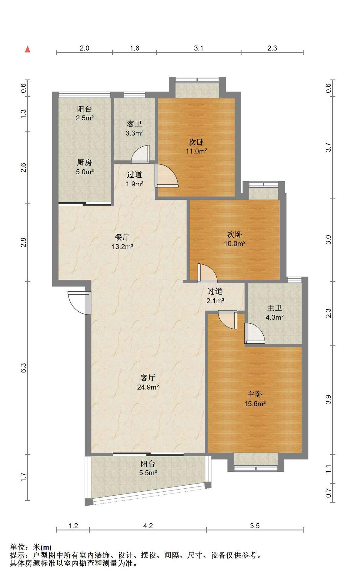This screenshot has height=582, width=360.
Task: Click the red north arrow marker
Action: tap(28, 49)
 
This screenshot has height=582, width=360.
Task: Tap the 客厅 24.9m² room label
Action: tap(148, 382)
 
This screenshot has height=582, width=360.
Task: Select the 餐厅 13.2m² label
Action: tap(122, 242)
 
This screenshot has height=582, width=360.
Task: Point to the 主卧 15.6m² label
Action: tap(255, 399)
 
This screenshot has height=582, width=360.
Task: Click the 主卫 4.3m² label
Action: tap(275, 313)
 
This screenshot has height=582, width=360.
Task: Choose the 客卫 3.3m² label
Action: tap(134, 128)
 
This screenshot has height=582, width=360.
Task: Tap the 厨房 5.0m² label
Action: tap(85, 167)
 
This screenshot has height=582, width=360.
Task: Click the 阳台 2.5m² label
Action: tap(85, 113)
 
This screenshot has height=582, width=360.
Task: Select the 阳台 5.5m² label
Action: tap(148, 468)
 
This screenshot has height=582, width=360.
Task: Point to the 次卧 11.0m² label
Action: tap(196, 146)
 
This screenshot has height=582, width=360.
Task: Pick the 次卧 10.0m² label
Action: tap(235, 239)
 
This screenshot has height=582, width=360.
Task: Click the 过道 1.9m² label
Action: tap(135, 179)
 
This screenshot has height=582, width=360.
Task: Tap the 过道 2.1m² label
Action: tap(215, 296)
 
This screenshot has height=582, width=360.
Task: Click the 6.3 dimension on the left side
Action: tap(24, 368)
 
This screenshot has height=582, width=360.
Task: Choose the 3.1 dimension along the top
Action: tap(199, 48)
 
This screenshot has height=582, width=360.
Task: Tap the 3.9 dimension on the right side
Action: tap(328, 400)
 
